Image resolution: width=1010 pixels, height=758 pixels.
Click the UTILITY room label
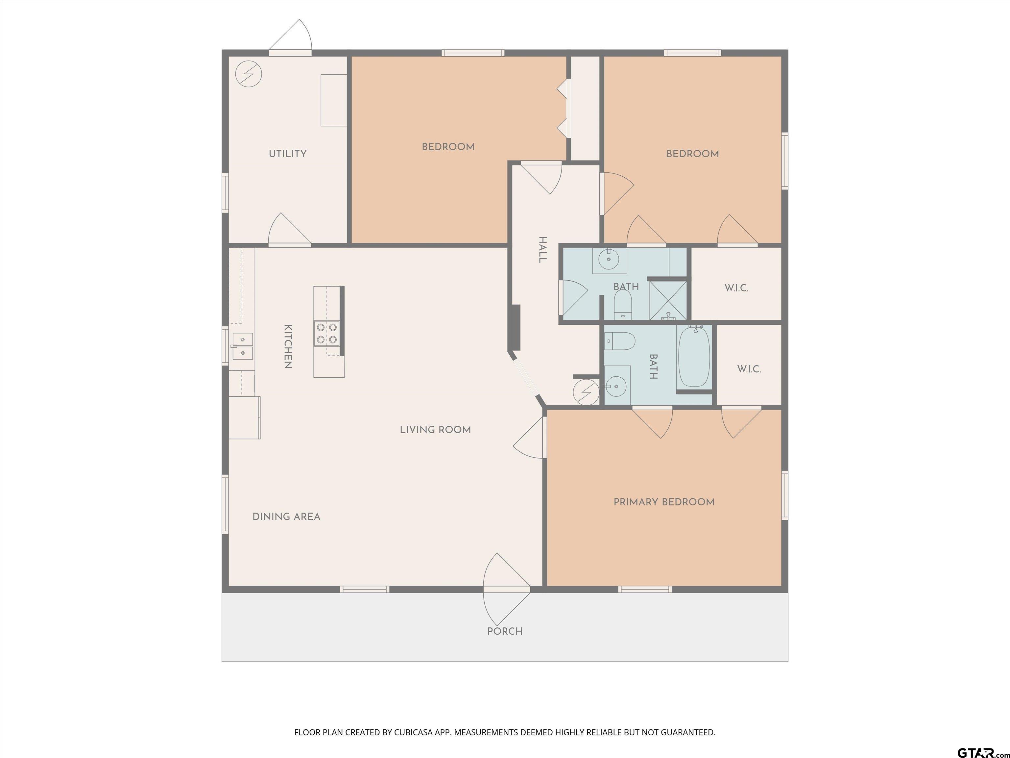click(287, 154)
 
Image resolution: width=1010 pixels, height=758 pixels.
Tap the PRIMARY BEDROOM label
click(664, 502)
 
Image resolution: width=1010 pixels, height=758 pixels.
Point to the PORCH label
click(505, 631)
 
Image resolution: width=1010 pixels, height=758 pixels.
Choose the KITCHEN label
click(288, 346)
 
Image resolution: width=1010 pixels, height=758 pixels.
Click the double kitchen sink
click(242, 346)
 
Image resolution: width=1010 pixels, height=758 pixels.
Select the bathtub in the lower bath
click(694, 356)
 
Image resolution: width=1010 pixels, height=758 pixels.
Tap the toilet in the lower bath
click(620, 341)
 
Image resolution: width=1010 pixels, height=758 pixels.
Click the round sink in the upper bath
click(609, 260)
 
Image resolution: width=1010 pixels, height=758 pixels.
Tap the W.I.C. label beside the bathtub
click(749, 369)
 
